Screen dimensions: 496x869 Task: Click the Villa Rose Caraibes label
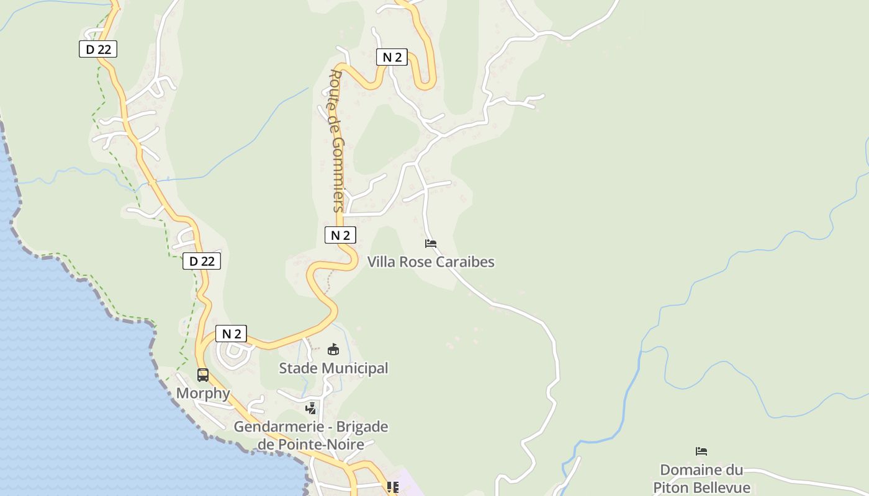click(x=431, y=262)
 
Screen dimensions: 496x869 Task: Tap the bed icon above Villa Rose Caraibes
click(x=431, y=244)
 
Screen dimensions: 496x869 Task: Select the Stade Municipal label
click(x=333, y=368)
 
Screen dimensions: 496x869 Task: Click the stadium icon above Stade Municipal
click(x=333, y=350)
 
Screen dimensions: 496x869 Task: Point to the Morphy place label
click(x=203, y=393)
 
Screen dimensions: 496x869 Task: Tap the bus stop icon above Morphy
click(x=203, y=374)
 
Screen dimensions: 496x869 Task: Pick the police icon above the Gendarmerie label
click(x=311, y=408)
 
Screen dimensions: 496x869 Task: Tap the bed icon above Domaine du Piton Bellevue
click(x=701, y=451)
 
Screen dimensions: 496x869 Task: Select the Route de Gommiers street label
click(x=336, y=141)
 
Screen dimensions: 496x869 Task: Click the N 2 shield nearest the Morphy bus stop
click(x=231, y=334)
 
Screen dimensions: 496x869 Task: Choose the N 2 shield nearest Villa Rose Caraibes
click(x=340, y=235)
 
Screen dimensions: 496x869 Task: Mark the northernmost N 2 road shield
click(x=392, y=58)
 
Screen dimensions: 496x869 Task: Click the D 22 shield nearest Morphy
click(x=202, y=261)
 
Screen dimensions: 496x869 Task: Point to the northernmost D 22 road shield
click(x=98, y=49)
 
